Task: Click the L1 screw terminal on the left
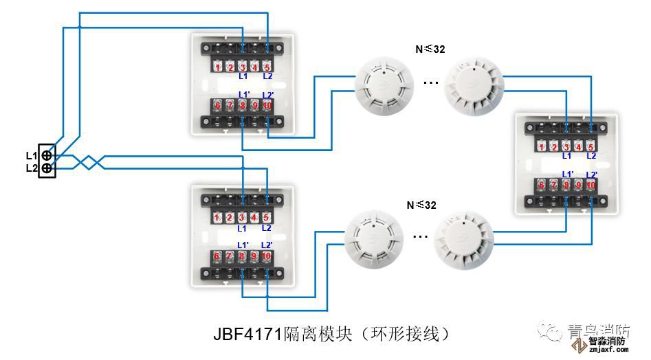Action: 47,155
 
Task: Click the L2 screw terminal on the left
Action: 47,168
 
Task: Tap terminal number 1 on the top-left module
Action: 217,67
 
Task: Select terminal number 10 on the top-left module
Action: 267,105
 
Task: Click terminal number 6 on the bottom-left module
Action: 217,256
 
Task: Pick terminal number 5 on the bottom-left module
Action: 266,218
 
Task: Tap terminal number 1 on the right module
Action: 542,146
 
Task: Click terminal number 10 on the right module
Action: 591,184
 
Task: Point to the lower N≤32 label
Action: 420,204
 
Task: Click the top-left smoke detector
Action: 384,84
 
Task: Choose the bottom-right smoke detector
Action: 463,239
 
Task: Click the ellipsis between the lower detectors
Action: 420,236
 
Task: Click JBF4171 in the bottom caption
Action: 247,335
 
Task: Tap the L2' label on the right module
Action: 591,175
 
